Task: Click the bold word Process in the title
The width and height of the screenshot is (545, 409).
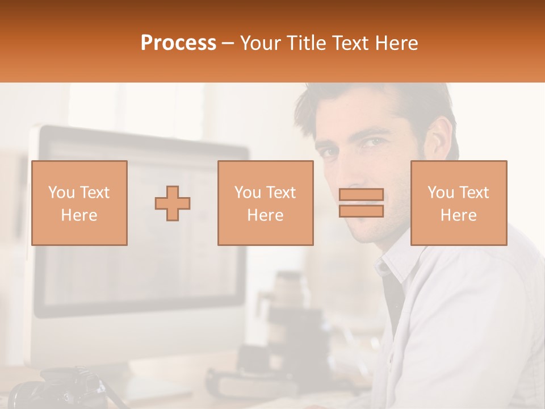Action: tap(178, 43)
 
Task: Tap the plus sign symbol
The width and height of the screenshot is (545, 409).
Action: tap(173, 203)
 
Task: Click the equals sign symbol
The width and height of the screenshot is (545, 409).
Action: tap(361, 203)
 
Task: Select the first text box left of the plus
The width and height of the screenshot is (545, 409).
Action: tap(79, 203)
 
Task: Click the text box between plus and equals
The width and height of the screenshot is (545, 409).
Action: tap(265, 203)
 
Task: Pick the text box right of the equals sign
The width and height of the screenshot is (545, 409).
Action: tap(459, 203)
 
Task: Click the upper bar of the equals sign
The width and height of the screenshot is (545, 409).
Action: tap(361, 194)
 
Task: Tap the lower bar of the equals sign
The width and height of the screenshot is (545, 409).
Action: tap(361, 211)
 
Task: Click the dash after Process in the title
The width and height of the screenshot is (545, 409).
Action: tap(228, 43)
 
